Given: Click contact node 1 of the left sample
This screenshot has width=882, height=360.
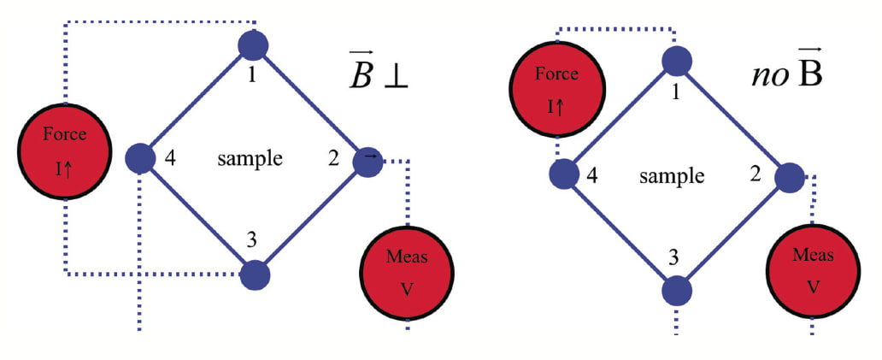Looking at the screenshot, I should [x=253, y=44].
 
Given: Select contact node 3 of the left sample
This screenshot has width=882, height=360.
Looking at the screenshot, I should [x=255, y=275].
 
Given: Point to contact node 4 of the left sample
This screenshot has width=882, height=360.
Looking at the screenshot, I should [x=139, y=158].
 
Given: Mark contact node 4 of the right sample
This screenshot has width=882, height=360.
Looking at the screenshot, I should [x=563, y=175].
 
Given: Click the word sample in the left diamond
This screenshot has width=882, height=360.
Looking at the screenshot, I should [x=250, y=159].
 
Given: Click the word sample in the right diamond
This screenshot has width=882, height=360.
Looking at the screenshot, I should [x=672, y=176].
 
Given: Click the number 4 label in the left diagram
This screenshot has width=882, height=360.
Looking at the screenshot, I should [x=169, y=159].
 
